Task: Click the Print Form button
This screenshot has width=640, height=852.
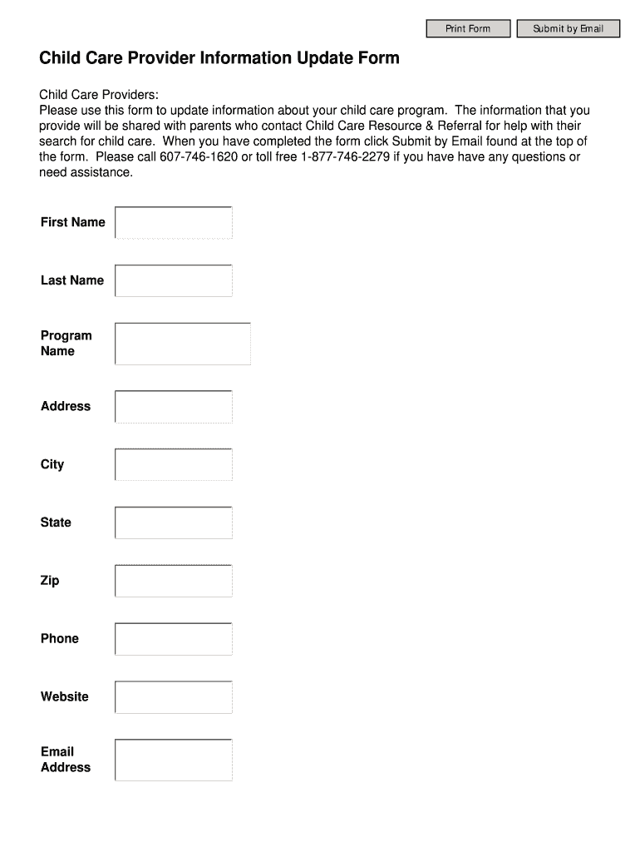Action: point(468,29)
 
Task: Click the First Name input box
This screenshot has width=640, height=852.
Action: point(174,223)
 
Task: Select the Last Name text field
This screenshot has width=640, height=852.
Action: point(174,281)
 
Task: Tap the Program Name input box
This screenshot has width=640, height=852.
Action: point(183,344)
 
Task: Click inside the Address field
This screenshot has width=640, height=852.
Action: point(174,407)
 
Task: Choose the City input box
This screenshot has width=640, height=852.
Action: point(174,465)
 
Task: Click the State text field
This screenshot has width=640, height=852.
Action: point(174,523)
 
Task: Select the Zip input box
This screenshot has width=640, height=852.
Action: point(174,581)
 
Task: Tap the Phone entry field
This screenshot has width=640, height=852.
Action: point(174,639)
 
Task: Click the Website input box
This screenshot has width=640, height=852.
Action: point(174,697)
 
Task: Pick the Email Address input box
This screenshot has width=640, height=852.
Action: point(174,760)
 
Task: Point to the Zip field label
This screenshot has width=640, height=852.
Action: point(50,581)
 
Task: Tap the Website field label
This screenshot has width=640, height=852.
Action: point(64,697)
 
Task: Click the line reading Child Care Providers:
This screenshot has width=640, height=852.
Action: point(99,95)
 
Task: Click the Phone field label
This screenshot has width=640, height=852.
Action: point(60,639)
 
